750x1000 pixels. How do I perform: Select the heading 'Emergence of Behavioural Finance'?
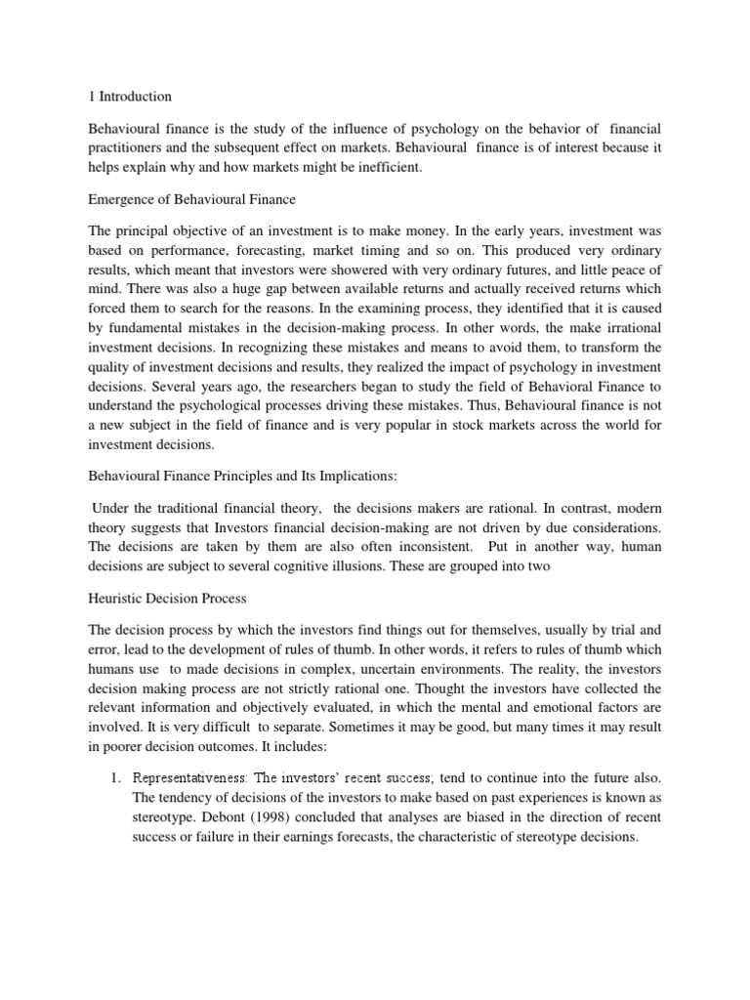[191, 200]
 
